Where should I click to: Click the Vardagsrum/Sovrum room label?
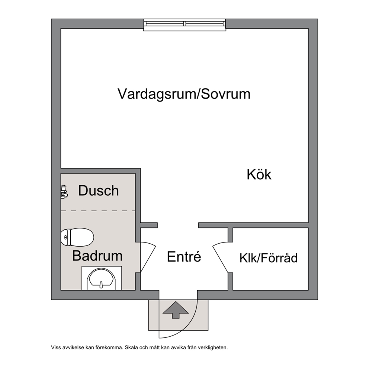184,94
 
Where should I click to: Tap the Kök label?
259,174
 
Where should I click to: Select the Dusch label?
98,190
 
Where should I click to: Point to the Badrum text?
97,256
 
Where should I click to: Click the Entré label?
184,256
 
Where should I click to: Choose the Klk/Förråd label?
269,258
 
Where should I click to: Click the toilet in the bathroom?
77,237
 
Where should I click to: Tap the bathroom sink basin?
102,279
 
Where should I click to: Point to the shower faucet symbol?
64,191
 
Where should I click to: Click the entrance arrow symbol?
176,310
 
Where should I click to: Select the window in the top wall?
184,25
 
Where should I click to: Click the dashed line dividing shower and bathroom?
98,211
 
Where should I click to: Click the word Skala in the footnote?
131,347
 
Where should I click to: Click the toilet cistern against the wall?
66,237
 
